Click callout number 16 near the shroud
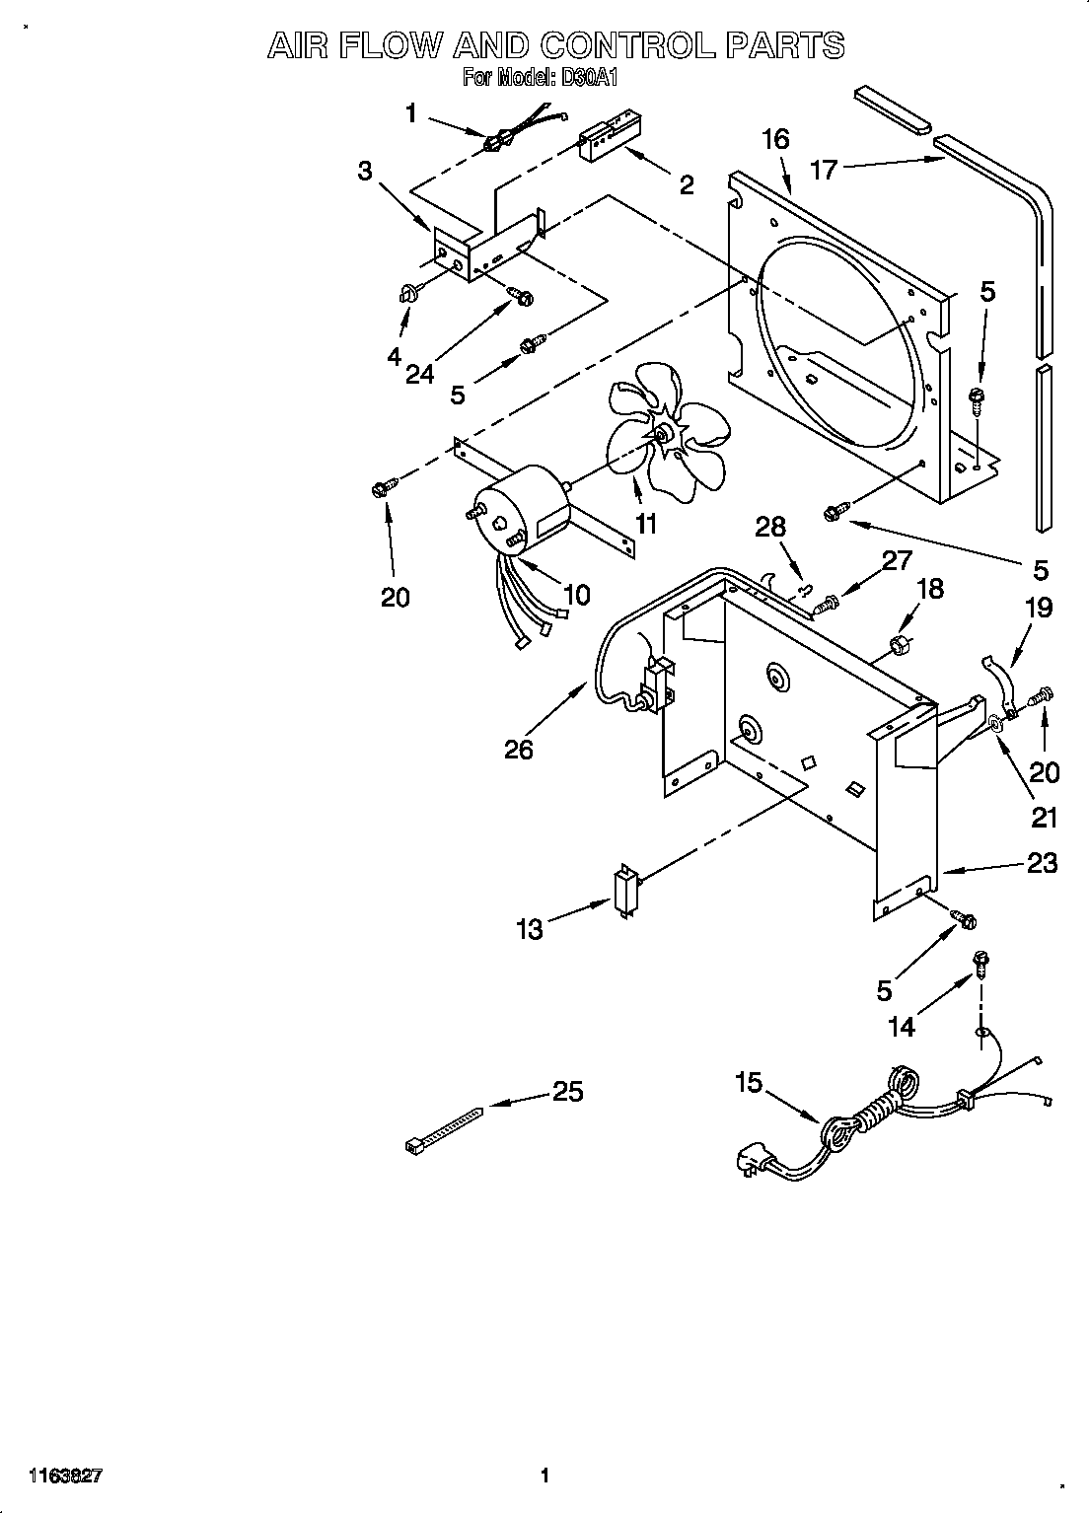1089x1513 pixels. (x=775, y=139)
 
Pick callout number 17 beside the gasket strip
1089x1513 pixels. (x=824, y=170)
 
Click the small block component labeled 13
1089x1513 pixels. (x=624, y=894)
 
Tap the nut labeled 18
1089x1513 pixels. (x=899, y=646)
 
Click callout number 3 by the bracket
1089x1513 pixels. (x=365, y=171)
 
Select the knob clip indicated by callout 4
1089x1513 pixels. (x=407, y=290)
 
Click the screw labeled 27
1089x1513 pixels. (x=830, y=599)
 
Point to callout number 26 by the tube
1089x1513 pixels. (x=518, y=750)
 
